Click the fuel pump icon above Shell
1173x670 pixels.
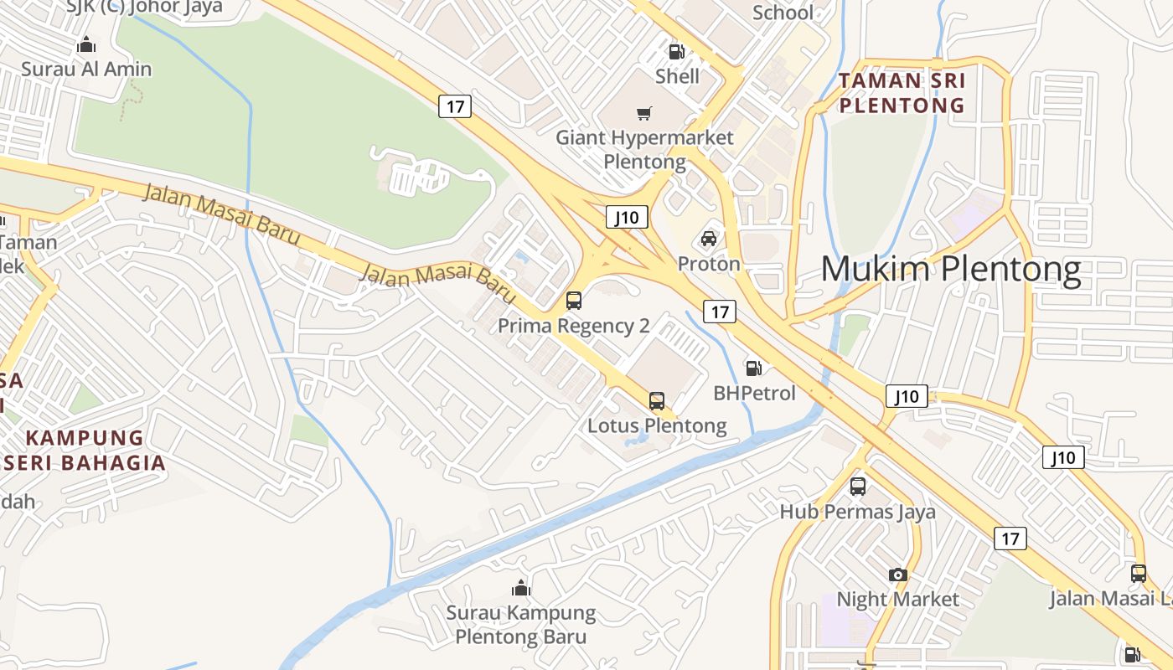[x=676, y=52]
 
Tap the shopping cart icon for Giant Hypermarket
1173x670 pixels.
[x=644, y=113]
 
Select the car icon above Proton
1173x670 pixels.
[x=709, y=240]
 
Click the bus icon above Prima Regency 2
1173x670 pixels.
[x=574, y=301]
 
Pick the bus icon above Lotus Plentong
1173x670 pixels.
[x=657, y=401]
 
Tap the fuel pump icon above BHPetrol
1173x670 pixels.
[x=754, y=368]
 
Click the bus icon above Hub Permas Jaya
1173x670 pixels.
[x=858, y=487]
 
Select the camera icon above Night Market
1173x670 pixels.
[x=898, y=575]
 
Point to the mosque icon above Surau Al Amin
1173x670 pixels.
[x=85, y=44]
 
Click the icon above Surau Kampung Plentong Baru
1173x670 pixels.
[x=521, y=588]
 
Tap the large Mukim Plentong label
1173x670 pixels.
[x=951, y=270]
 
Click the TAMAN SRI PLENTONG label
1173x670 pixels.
[x=902, y=93]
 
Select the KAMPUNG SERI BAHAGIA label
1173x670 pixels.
[x=84, y=450]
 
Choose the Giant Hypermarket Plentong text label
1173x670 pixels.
[x=645, y=149]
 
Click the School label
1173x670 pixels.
[x=783, y=13]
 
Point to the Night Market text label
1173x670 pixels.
[x=898, y=600]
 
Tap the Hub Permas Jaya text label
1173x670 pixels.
[x=858, y=512]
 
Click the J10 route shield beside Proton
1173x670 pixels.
[x=627, y=218]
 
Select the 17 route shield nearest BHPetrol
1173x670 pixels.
[x=720, y=312]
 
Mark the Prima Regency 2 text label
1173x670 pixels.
[x=574, y=326]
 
